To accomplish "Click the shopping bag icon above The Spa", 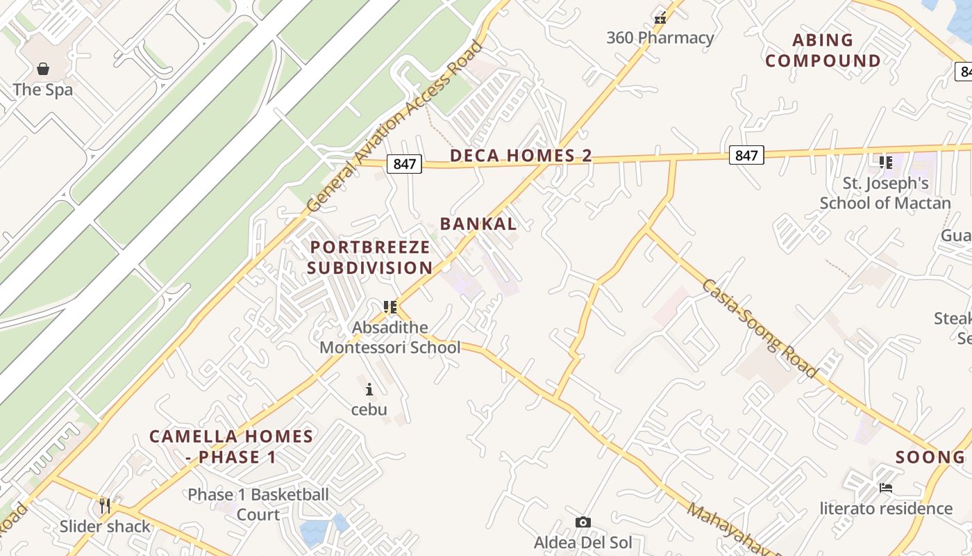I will (x=43, y=68).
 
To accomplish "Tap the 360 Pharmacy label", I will (x=660, y=38).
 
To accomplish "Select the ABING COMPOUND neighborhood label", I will (x=823, y=51).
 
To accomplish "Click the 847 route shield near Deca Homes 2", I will (x=405, y=164).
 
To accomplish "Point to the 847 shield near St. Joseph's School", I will (x=746, y=155).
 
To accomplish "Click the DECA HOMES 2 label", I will (x=521, y=156).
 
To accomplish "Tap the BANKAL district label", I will (x=478, y=224).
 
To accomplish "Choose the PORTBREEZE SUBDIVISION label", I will (x=370, y=257).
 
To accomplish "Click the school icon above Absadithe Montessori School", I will (x=389, y=306).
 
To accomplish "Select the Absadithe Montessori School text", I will (x=389, y=337).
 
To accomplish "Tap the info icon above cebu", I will (x=369, y=389).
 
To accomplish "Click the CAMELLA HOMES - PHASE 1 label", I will (x=231, y=447).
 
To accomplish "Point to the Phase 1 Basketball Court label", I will (x=258, y=505).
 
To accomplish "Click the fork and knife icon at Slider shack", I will (x=105, y=506).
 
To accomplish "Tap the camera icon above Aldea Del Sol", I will (x=583, y=522).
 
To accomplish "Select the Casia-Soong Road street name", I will (x=760, y=328).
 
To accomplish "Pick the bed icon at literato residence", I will (x=885, y=488).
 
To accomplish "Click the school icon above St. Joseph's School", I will (x=885, y=163).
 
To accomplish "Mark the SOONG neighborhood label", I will (x=930, y=457).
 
